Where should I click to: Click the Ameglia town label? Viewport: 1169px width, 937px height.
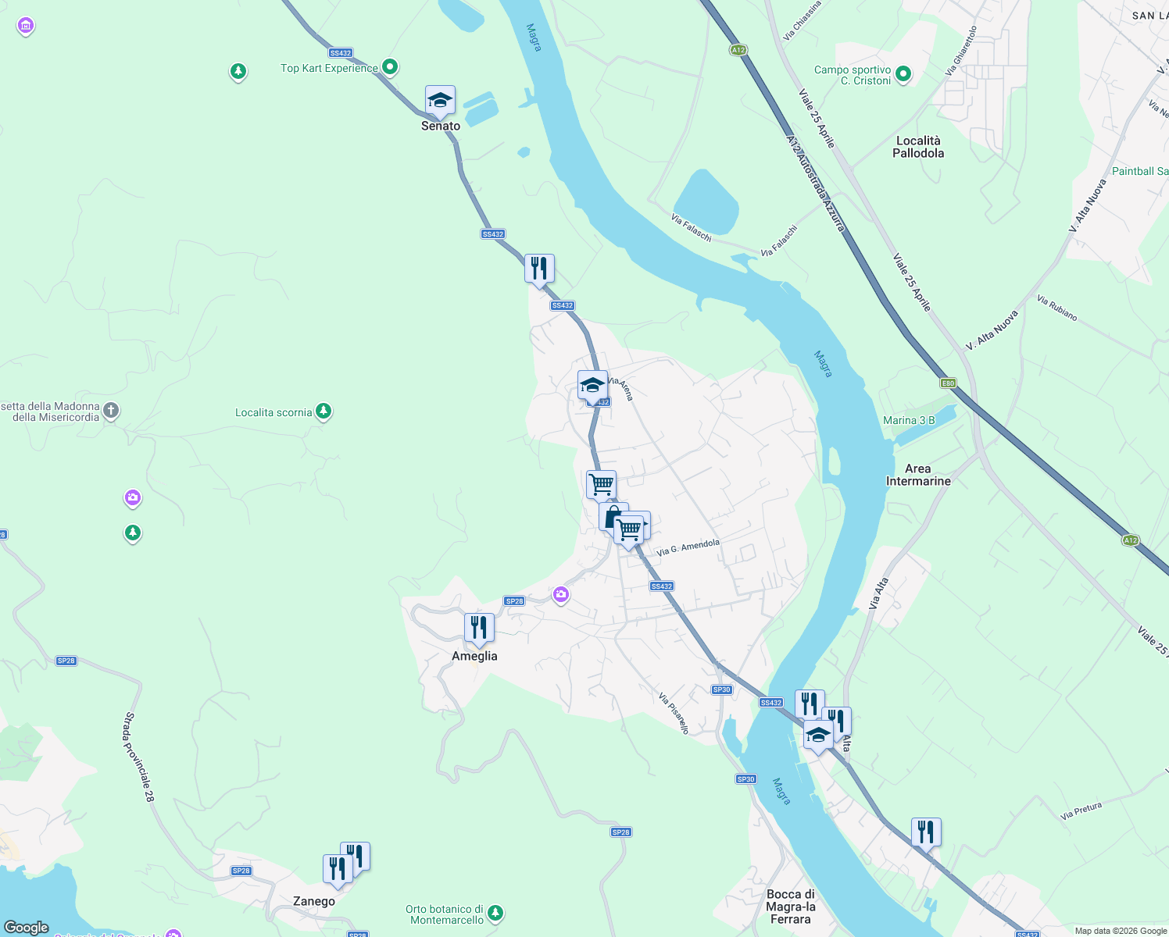click(x=474, y=656)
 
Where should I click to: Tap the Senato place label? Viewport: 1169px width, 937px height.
click(x=441, y=126)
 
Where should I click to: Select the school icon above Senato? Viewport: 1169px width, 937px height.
click(x=440, y=101)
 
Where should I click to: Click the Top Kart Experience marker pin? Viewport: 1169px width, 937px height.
click(x=390, y=67)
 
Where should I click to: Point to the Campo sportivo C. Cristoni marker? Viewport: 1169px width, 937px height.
click(x=903, y=74)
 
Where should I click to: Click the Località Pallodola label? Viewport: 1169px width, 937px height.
click(x=918, y=147)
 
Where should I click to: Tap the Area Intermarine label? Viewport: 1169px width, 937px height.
click(x=918, y=475)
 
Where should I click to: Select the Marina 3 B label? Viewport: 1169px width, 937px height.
click(x=909, y=420)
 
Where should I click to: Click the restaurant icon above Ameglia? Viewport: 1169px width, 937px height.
click(x=479, y=628)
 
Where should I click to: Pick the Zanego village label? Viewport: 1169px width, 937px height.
click(x=314, y=901)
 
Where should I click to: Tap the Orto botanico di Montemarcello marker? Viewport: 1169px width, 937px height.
click(x=495, y=912)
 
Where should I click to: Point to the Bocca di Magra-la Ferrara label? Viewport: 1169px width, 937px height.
click(x=791, y=907)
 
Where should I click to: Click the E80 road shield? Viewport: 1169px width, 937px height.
click(x=948, y=383)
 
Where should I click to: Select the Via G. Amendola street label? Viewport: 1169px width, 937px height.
click(x=688, y=547)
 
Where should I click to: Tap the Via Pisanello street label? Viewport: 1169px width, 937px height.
click(x=674, y=713)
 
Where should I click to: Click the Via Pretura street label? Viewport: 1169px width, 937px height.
click(x=1081, y=811)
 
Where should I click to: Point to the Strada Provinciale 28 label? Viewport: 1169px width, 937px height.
click(x=138, y=757)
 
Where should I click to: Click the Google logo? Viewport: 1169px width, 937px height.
click(x=26, y=927)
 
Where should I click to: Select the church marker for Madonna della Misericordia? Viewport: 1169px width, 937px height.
click(x=112, y=410)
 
